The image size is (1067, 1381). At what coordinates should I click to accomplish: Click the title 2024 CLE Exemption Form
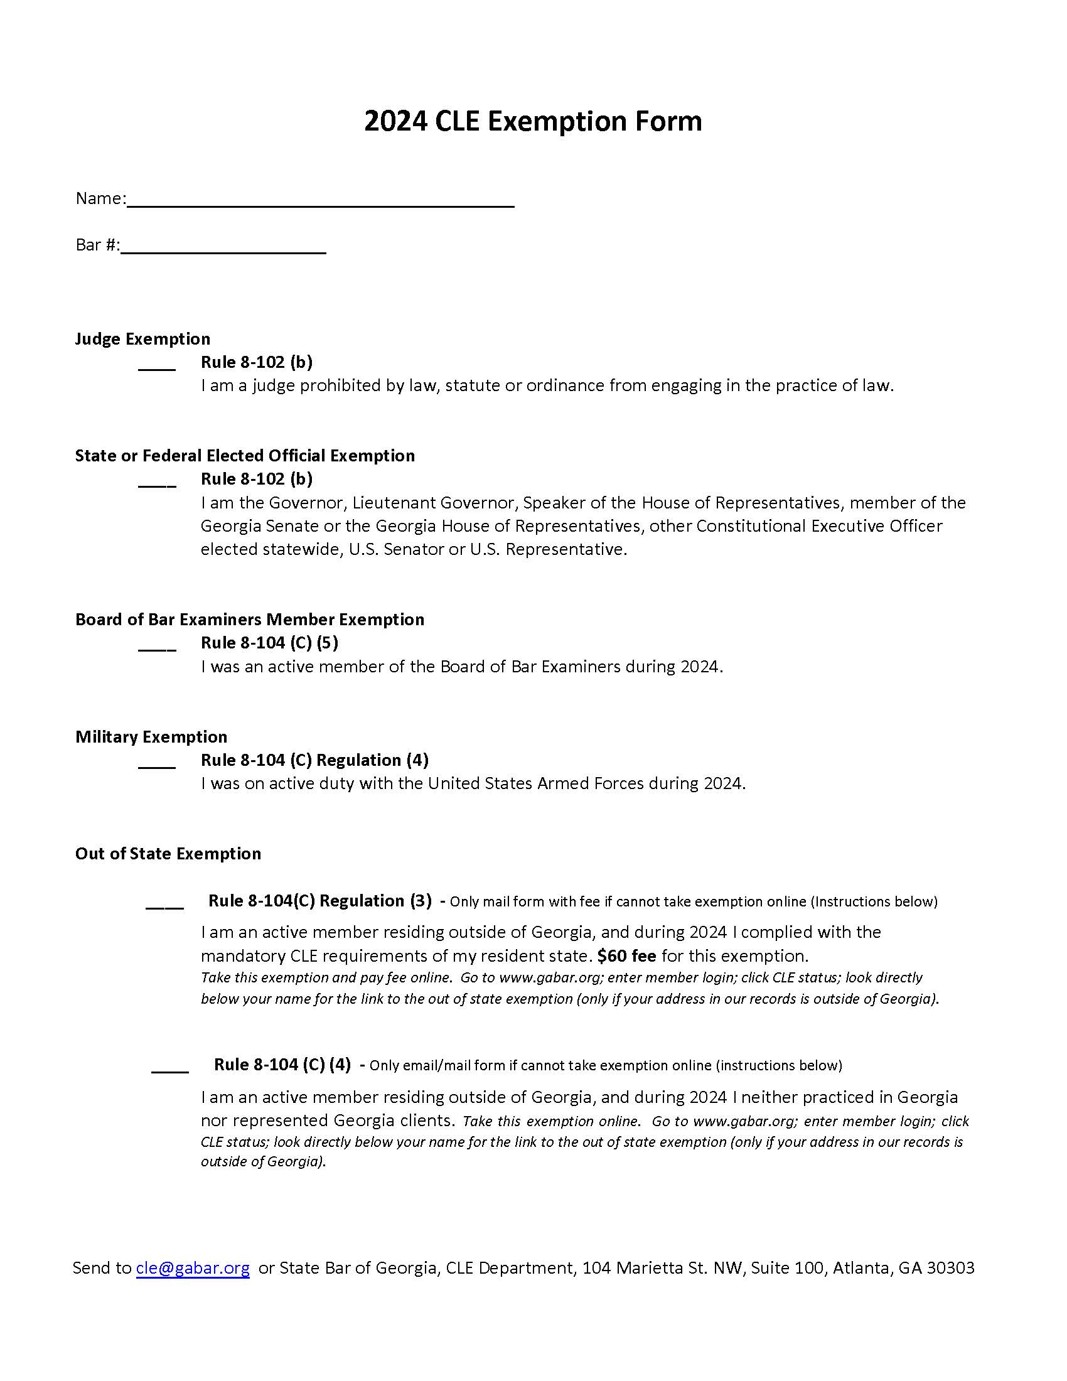click(533, 121)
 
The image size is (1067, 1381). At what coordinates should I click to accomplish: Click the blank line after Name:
click(321, 201)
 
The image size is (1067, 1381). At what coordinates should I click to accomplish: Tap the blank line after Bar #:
click(223, 247)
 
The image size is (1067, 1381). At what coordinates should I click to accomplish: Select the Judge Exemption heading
click(142, 339)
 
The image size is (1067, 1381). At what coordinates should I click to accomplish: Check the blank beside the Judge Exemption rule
click(157, 365)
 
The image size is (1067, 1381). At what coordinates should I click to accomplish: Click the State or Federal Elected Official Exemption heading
click(245, 455)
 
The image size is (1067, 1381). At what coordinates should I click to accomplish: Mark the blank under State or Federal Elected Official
click(157, 481)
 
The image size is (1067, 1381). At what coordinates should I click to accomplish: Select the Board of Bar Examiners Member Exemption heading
click(249, 619)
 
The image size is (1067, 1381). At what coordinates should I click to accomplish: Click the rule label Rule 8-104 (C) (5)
click(269, 642)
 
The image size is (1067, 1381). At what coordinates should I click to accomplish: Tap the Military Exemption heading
click(151, 737)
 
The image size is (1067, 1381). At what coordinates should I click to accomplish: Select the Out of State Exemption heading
click(168, 854)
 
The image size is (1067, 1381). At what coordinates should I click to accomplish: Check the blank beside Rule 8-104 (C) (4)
click(170, 1068)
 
